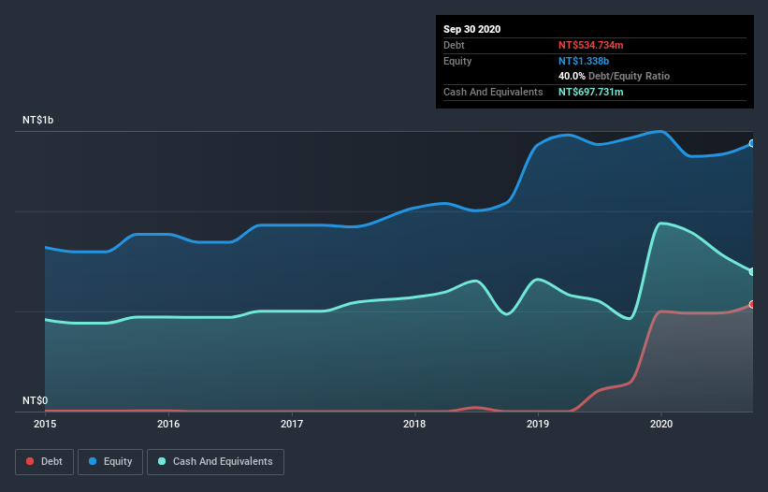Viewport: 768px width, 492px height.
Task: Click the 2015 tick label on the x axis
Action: [45, 424]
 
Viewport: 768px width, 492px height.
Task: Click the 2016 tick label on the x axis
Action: [168, 424]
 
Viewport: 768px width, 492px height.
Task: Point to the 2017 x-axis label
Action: [292, 424]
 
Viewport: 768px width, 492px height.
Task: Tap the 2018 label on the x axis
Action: [414, 424]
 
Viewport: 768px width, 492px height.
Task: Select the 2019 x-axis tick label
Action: [538, 424]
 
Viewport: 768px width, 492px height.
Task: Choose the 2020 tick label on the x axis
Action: [660, 424]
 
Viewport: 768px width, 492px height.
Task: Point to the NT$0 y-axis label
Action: [35, 400]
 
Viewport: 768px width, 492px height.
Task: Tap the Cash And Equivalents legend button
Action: [215, 461]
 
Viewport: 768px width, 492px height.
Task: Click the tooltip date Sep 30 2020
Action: [471, 29]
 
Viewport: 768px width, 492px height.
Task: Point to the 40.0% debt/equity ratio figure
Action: [572, 76]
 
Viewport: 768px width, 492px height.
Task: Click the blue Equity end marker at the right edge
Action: [751, 143]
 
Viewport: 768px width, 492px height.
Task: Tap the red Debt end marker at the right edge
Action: [751, 304]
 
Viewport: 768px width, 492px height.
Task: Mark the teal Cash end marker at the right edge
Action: [751, 271]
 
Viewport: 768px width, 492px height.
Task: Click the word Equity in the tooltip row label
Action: [457, 61]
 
